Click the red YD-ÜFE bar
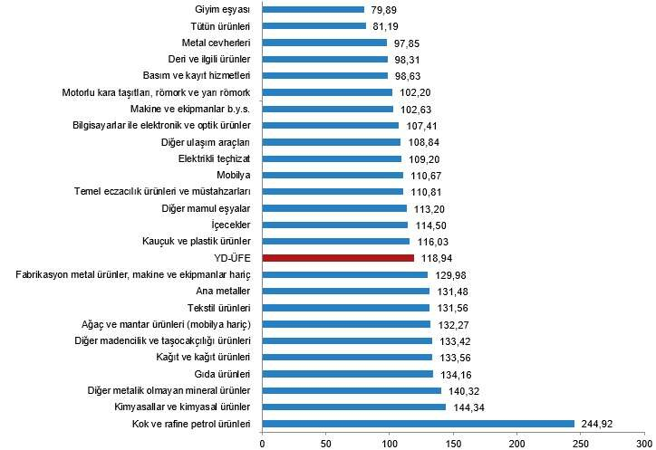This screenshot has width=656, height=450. (x=338, y=258)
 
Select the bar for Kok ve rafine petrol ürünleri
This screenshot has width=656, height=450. (x=418, y=424)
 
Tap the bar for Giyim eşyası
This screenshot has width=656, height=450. (x=313, y=10)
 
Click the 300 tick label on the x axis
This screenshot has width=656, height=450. (x=644, y=442)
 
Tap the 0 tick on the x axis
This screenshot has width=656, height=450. (x=262, y=442)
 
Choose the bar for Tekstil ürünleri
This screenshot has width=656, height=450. (x=345, y=308)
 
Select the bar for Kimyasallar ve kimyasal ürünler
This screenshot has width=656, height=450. (x=353, y=407)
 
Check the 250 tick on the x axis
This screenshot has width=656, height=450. (x=581, y=442)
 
